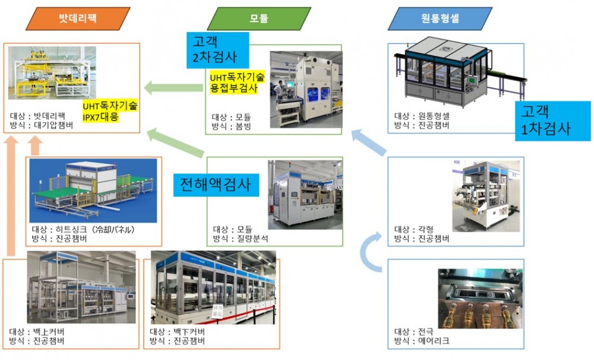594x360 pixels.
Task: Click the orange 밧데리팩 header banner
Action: [x=78, y=18]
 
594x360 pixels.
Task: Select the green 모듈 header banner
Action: [x=259, y=18]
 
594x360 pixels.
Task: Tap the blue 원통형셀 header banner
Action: [x=440, y=18]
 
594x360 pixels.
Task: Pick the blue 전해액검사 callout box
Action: [x=216, y=185]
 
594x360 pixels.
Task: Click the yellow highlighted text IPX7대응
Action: [x=100, y=117]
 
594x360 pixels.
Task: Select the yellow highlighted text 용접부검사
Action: [x=233, y=89]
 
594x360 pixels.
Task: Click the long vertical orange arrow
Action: [x=10, y=197]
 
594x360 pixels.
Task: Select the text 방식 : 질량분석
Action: [x=241, y=239]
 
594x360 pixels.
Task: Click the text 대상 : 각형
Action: [x=415, y=229]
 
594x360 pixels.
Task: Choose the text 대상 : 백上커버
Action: [x=37, y=331]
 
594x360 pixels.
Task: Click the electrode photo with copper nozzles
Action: [x=480, y=298]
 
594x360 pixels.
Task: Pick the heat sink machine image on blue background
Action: [x=94, y=190]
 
